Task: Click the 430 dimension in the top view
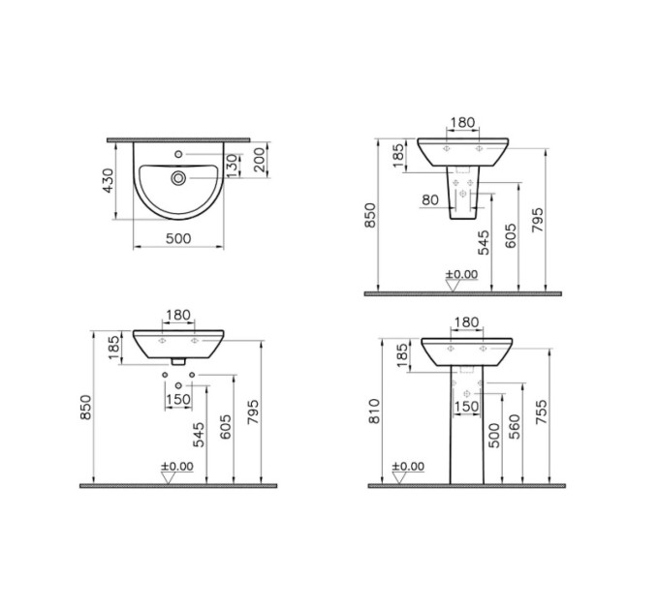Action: click(x=108, y=180)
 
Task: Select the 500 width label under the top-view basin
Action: click(x=178, y=238)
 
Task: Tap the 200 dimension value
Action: click(x=261, y=160)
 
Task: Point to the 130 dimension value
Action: click(x=232, y=166)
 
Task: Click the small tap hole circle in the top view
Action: click(x=178, y=155)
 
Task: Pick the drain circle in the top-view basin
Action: click(x=178, y=178)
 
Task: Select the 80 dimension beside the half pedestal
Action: click(x=430, y=200)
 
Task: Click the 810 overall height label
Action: click(x=374, y=411)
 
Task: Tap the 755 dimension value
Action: click(x=542, y=412)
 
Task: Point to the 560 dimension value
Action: click(x=515, y=427)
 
